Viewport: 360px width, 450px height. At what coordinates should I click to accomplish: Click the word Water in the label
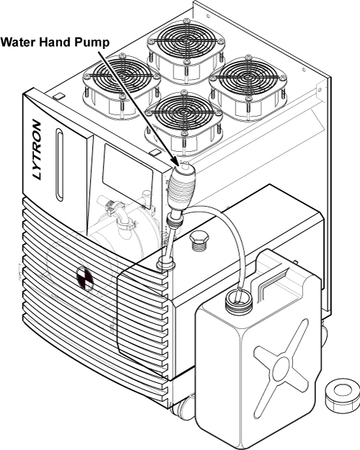pos(18,42)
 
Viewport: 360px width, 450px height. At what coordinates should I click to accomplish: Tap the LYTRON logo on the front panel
pos(37,150)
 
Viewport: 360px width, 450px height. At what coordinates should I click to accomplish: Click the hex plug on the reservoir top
pos(199,240)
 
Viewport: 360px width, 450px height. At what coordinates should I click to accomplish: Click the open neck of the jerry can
pos(238,300)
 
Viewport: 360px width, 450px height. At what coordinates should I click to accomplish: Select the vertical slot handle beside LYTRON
pos(60,164)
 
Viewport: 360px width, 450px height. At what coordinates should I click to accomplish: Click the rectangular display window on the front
pos(128,176)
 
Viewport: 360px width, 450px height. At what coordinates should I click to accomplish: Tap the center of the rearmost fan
pos(185,41)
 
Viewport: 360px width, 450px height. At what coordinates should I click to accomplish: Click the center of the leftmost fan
pos(122,76)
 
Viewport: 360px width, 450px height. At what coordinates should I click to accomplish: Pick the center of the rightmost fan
pos(248,78)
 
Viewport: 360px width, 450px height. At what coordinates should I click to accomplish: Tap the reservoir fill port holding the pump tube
pos(166,264)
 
